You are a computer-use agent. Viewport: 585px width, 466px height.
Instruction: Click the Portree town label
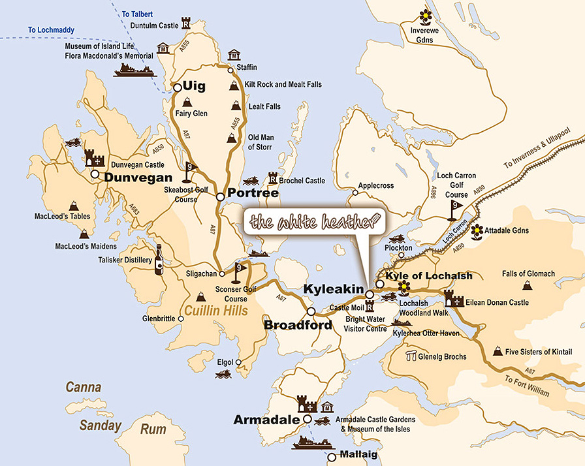click(x=253, y=194)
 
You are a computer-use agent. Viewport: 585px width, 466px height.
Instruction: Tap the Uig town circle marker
click(x=176, y=86)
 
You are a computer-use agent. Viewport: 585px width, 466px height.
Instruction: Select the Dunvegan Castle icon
click(x=95, y=157)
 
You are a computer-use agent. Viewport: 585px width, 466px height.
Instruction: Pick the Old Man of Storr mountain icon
click(x=232, y=137)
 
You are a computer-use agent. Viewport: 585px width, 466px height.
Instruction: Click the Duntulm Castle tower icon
click(x=186, y=23)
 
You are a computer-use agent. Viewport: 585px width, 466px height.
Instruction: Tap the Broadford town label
click(x=298, y=325)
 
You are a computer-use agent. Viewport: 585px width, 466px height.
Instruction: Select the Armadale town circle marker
click(x=307, y=420)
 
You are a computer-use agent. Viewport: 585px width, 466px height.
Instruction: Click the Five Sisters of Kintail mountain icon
click(x=498, y=352)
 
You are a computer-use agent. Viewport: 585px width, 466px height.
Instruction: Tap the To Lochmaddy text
click(x=51, y=30)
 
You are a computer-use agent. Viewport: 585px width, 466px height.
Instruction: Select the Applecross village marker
click(x=355, y=193)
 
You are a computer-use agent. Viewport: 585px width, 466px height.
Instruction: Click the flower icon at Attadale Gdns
click(x=477, y=230)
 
